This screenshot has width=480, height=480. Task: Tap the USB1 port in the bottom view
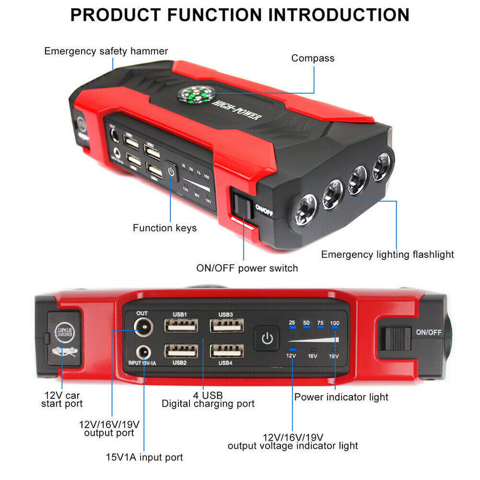(x=181, y=326)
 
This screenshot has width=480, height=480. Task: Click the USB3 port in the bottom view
(x=226, y=326)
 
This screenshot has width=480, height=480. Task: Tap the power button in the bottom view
(x=267, y=340)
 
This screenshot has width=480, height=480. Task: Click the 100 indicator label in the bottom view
(x=335, y=323)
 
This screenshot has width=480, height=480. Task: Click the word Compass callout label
(x=313, y=58)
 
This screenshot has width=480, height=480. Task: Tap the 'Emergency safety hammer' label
(x=106, y=51)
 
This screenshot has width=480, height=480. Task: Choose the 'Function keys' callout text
(x=164, y=228)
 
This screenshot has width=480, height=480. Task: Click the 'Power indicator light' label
(x=341, y=397)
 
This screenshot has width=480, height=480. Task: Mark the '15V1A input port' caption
(x=144, y=457)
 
